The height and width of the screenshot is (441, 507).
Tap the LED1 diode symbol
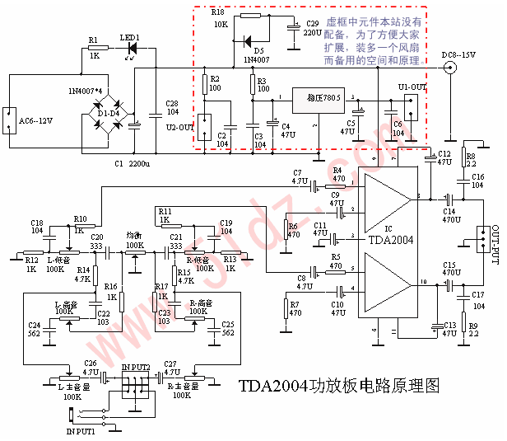(131, 49)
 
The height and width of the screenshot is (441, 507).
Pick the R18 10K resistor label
(218, 19)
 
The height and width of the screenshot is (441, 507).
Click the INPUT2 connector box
(134, 385)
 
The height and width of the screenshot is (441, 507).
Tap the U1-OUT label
(412, 87)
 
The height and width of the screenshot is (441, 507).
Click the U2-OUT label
(179, 128)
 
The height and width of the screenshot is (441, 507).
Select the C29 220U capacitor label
(312, 28)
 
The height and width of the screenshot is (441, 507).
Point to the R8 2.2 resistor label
(471, 158)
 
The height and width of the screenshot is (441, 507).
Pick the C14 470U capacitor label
(450, 213)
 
